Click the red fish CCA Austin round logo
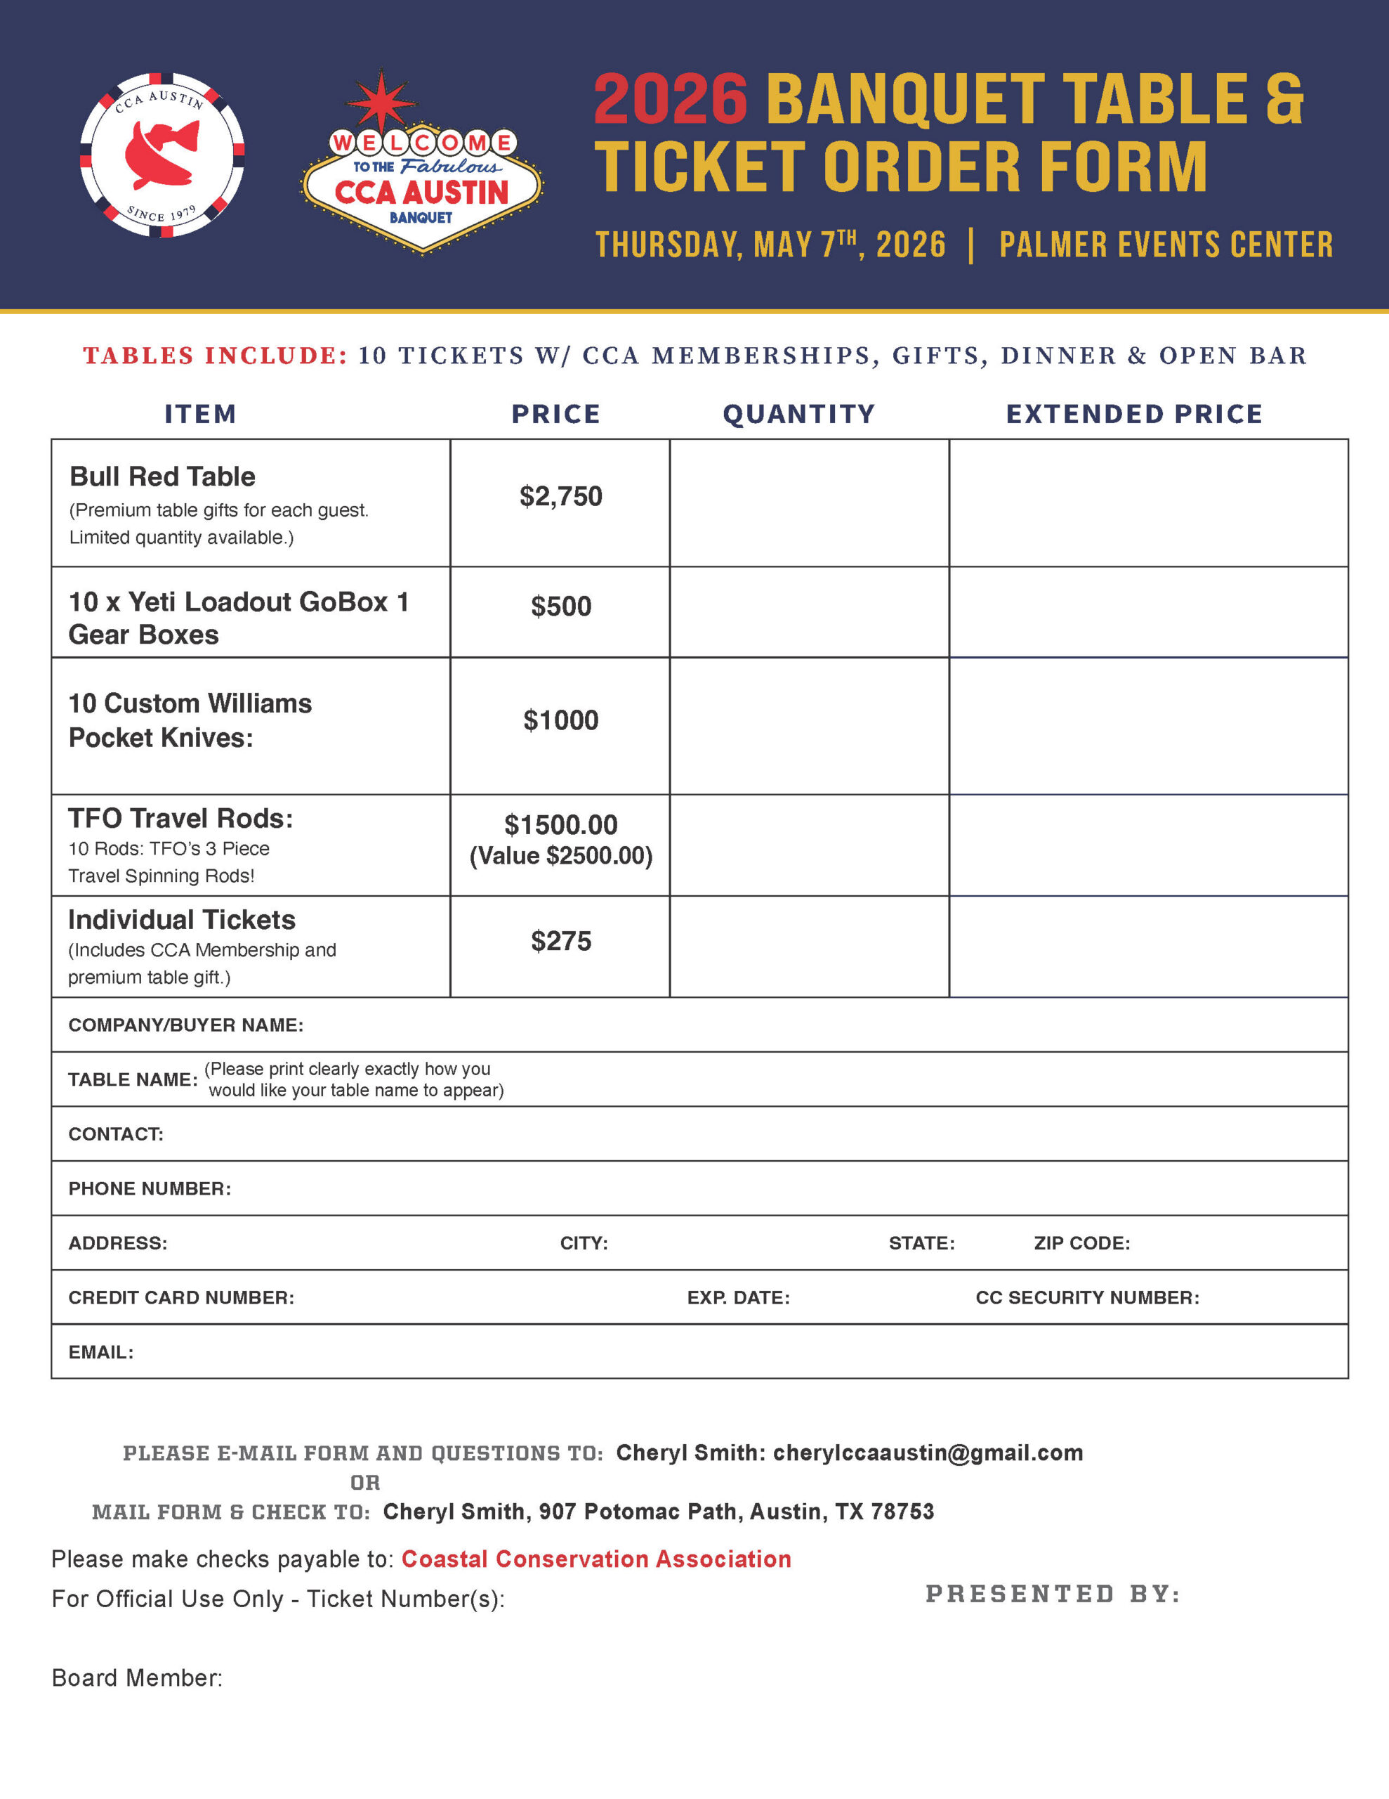tap(162, 155)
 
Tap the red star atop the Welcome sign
tap(381, 100)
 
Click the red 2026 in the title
tap(670, 100)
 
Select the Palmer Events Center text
tap(1165, 245)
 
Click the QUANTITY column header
tap(798, 413)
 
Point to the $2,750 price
tap(560, 496)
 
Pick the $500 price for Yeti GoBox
tap(560, 606)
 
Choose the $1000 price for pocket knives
tap(560, 720)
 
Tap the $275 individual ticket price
tap(560, 941)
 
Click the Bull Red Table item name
tap(162, 476)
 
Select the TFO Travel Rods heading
tap(180, 818)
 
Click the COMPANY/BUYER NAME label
tap(186, 1025)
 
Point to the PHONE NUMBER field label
tap(150, 1188)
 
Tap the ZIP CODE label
tap(1082, 1243)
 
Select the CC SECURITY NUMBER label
tap(1087, 1297)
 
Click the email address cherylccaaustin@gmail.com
tap(928, 1453)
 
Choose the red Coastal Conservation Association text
tap(596, 1559)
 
